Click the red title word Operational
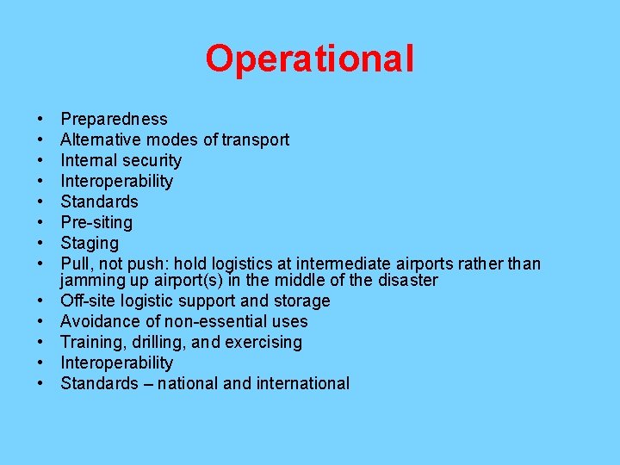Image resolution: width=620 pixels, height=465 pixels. (309, 59)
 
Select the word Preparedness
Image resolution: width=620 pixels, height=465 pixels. (114, 119)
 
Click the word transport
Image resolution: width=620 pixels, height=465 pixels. (255, 139)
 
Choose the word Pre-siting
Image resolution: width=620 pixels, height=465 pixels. (96, 222)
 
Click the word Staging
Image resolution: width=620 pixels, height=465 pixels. (90, 243)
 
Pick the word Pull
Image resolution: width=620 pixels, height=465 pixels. (75, 263)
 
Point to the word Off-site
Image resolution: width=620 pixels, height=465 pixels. (89, 301)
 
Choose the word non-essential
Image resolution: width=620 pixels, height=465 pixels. (215, 321)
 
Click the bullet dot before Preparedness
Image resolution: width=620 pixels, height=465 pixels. (41, 119)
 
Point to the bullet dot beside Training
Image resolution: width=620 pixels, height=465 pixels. (41, 342)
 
